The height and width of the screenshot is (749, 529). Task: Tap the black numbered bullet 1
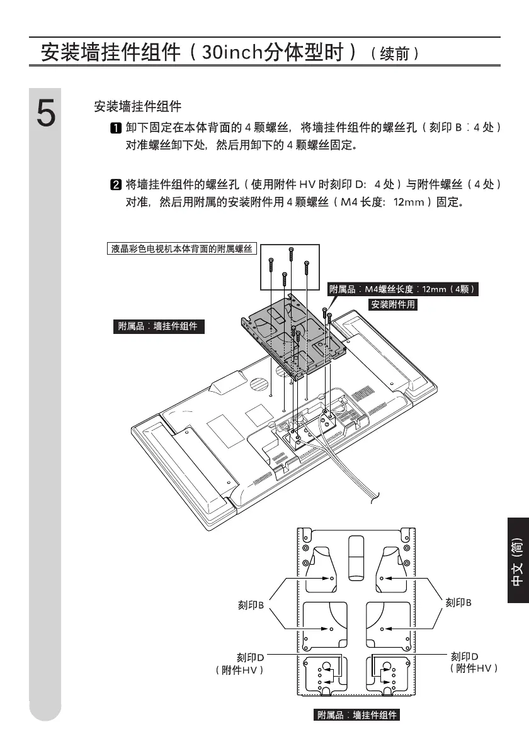coord(116,128)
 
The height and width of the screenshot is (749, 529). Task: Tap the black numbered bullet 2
coord(116,185)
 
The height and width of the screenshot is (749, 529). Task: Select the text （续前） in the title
coord(395,53)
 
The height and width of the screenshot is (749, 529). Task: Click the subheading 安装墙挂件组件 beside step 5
coord(137,106)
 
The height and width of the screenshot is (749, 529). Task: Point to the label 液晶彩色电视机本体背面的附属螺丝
coord(181,249)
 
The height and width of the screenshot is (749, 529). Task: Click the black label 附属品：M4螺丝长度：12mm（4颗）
coord(403,289)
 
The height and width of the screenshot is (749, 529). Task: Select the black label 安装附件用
coord(394,304)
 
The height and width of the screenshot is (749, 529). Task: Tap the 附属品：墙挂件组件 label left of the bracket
coord(158,326)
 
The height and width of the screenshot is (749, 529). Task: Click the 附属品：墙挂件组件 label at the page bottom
coord(357,715)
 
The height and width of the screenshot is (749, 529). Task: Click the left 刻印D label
coord(250,657)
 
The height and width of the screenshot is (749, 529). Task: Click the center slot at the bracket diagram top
coord(357,556)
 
